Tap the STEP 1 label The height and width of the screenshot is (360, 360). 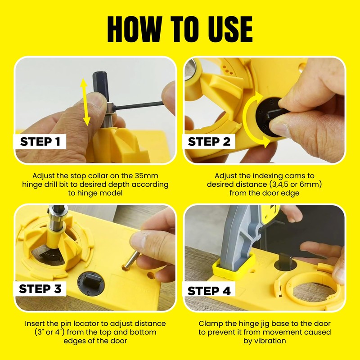40,142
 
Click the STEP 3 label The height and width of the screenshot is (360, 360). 40,288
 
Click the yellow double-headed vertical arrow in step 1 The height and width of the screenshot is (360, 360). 85,101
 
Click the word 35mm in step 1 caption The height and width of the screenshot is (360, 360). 149,176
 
